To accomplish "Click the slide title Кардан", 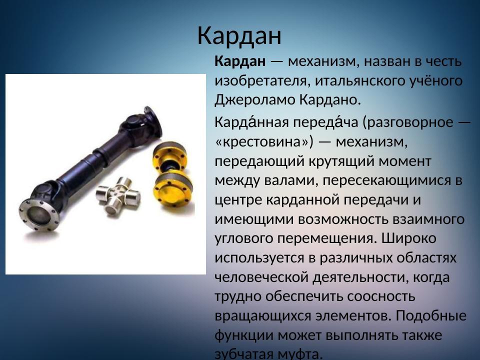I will pyautogui.click(x=239, y=35).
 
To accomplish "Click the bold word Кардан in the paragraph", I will pyautogui.click(x=240, y=62).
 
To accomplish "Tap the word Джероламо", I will pyautogui.click(x=255, y=99).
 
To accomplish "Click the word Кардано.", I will pyautogui.click(x=330, y=99).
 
